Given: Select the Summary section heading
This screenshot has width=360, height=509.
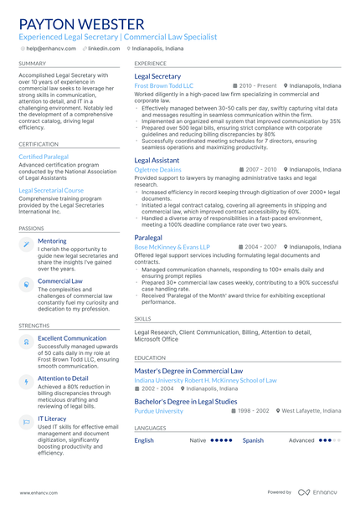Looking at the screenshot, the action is (x=33, y=64).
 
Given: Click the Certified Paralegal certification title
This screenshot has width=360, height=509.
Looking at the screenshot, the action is (x=44, y=157).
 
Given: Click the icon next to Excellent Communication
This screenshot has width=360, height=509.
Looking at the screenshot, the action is (x=26, y=342).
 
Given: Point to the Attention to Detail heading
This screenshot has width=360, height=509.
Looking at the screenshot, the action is (x=63, y=378).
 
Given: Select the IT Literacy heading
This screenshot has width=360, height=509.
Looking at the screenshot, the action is (x=52, y=419).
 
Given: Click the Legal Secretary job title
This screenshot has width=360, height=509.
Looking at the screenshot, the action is (x=157, y=76).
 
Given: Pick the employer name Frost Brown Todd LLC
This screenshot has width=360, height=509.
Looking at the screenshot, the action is (x=163, y=86).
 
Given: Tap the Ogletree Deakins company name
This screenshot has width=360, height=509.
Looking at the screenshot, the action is (x=157, y=169).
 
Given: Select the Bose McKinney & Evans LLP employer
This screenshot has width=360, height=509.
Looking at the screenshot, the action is (x=172, y=247).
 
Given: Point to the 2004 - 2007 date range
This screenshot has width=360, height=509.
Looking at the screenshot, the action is (x=258, y=247).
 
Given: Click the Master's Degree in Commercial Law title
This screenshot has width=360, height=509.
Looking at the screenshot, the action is (x=188, y=371).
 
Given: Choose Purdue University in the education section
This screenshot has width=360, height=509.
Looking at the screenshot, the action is (x=158, y=411).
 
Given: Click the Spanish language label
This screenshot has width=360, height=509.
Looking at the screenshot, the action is (x=253, y=440).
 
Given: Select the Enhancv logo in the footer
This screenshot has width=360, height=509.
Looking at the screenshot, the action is (x=317, y=492).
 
